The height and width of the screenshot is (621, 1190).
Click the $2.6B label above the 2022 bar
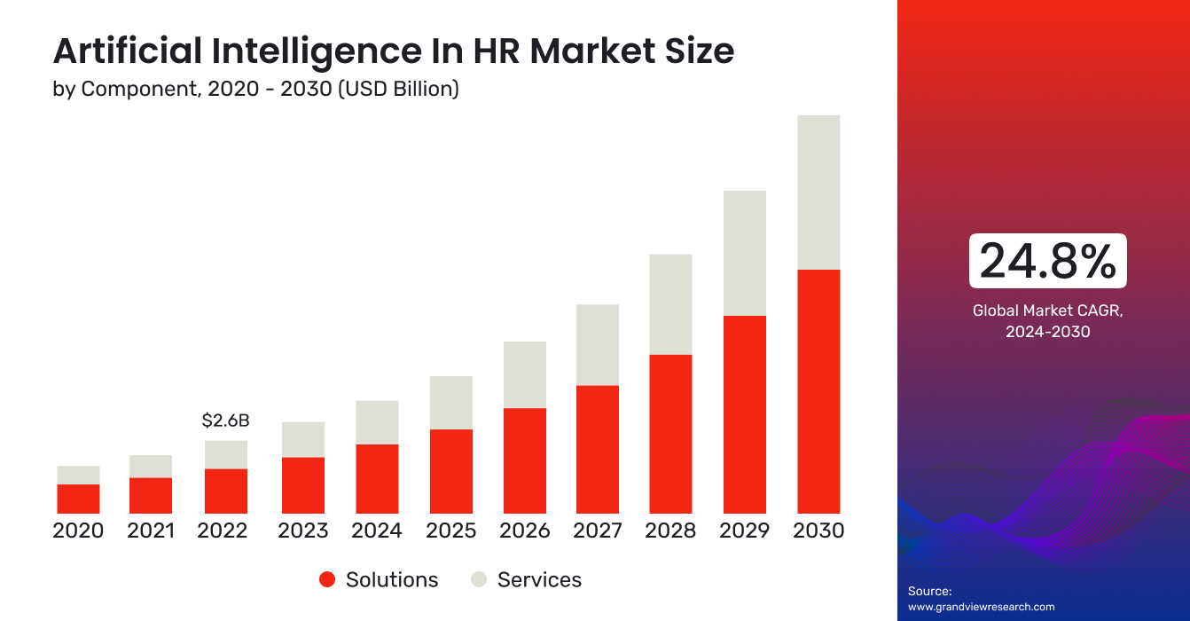click(225, 421)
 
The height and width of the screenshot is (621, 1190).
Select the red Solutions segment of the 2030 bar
click(818, 391)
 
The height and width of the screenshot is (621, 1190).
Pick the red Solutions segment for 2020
click(78, 499)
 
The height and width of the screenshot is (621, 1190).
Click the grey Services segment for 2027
click(597, 345)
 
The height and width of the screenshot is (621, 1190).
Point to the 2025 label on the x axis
click(450, 531)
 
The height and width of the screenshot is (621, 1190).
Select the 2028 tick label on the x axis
click(670, 531)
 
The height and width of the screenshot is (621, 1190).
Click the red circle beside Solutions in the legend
click(327, 580)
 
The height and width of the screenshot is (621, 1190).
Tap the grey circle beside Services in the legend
click(479, 580)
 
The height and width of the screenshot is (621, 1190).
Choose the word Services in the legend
click(539, 580)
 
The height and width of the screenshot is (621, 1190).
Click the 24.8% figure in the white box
click(1047, 262)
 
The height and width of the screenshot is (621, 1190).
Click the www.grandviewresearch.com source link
click(981, 607)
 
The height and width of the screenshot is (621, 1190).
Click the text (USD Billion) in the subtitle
click(398, 90)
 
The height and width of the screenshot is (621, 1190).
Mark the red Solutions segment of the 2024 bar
click(377, 479)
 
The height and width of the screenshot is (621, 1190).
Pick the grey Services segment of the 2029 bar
click(745, 253)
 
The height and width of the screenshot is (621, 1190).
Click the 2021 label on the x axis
click(152, 531)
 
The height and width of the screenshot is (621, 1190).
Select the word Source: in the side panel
click(929, 591)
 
